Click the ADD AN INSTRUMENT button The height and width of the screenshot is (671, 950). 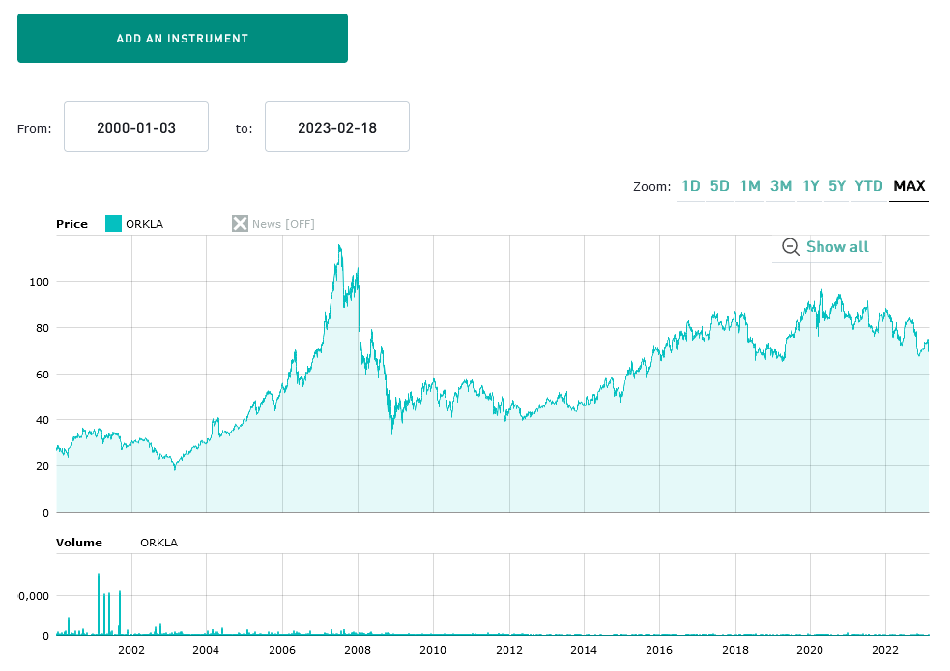coord(183,39)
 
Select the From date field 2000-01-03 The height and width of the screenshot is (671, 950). coord(136,126)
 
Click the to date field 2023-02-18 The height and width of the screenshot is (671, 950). coord(337,126)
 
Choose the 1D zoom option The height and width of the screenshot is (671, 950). coord(691,186)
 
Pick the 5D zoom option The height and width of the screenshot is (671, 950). coord(720,186)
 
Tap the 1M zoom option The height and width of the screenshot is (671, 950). coord(750,186)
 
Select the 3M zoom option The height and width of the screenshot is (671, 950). coord(781,186)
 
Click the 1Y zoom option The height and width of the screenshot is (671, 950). coord(811,186)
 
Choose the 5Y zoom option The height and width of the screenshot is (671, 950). coord(837,186)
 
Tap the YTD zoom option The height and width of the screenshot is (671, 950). coord(869,186)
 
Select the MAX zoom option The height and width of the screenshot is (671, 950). coord(909,186)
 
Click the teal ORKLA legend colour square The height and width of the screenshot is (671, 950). coord(113,224)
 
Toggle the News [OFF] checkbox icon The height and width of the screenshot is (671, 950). coord(240,224)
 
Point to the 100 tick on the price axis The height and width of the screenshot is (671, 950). coord(38,282)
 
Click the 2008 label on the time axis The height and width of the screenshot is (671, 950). coord(358,650)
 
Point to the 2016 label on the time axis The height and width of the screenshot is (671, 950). coord(659,650)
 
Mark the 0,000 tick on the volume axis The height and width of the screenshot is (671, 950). coord(33,596)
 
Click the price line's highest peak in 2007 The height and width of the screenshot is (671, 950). coord(338,246)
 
